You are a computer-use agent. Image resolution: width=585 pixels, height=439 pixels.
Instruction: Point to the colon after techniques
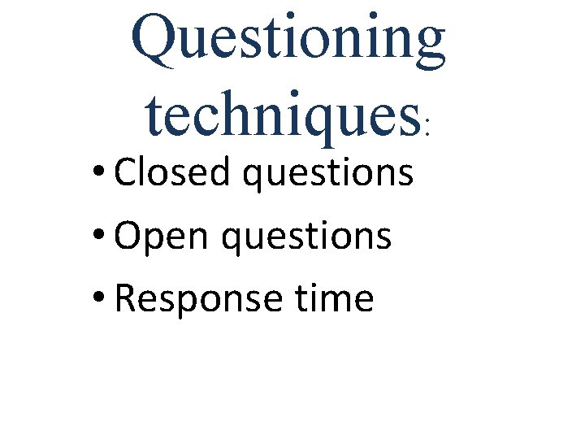coord(428,128)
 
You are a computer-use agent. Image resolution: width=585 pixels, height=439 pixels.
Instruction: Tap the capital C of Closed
coord(127,172)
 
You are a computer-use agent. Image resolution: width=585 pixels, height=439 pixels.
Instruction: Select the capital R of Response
coord(126,298)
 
